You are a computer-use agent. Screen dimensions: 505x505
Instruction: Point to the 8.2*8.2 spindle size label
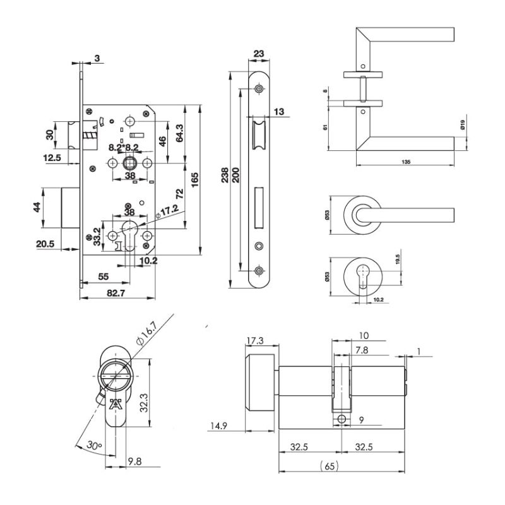tap(124, 147)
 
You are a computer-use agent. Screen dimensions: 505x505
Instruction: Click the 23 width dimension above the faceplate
tap(258, 54)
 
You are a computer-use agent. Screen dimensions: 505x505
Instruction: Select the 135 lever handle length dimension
tap(406, 162)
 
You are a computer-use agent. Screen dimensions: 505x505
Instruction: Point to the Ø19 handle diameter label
tap(463, 125)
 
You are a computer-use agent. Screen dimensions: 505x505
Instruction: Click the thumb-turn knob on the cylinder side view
tap(259, 385)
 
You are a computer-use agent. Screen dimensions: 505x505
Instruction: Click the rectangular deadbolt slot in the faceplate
tap(259, 208)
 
